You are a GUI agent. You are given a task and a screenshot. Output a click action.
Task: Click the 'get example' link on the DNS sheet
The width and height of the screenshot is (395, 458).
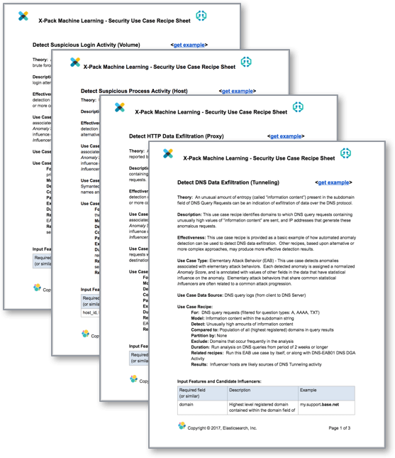(333, 182)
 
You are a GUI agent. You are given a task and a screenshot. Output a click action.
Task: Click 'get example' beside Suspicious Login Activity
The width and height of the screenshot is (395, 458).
(189, 44)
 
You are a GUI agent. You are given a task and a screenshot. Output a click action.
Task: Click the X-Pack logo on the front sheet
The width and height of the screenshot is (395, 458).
(168, 153)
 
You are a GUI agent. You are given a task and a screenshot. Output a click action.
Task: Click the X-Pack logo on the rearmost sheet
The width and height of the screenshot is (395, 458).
(23, 16)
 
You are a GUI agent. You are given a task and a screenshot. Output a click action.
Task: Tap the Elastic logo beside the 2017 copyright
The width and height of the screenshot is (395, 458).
(182, 427)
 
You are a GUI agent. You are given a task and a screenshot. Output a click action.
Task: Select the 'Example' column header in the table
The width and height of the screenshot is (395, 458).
(308, 389)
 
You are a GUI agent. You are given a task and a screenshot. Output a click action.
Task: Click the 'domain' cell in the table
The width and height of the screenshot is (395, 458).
(187, 404)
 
